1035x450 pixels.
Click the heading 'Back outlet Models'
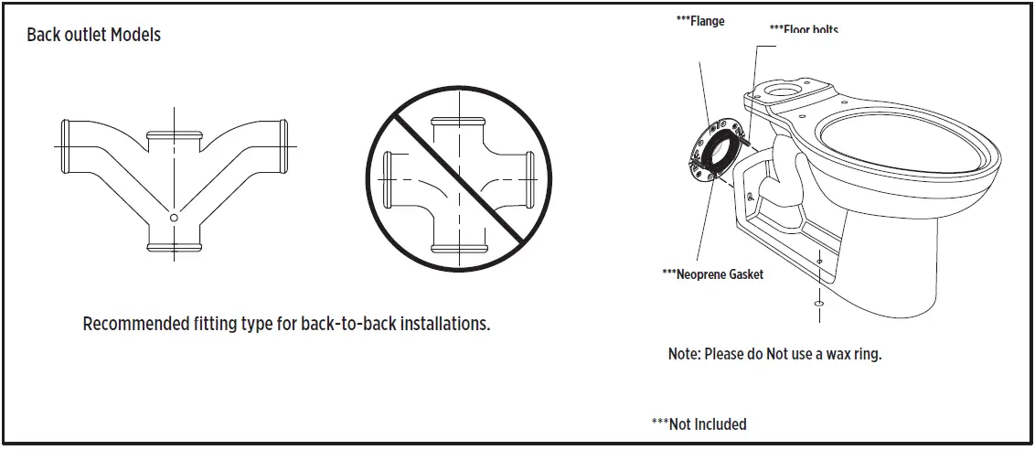(94, 36)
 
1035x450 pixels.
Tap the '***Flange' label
(699, 20)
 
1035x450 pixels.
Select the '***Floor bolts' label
(804, 29)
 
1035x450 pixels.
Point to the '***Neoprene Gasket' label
(712, 274)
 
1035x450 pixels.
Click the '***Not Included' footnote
(699, 424)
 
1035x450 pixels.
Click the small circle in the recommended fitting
(174, 218)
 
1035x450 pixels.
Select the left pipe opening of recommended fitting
(65, 146)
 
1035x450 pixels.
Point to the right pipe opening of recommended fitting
(283, 146)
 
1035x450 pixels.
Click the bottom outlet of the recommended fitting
(174, 247)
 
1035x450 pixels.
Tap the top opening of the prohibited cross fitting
(458, 122)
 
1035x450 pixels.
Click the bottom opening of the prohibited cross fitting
(458, 247)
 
